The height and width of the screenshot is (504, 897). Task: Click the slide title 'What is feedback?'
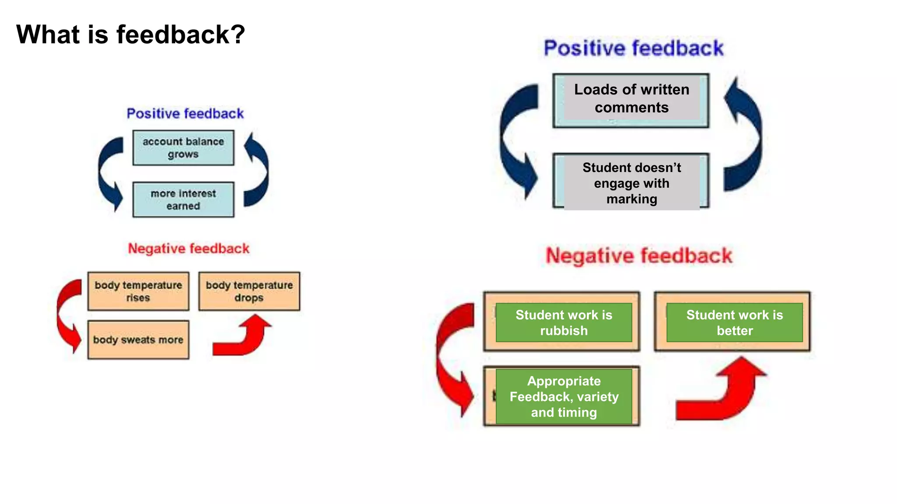click(131, 34)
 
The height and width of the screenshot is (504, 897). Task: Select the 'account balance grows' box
click(183, 148)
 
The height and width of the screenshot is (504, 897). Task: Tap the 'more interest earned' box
click(183, 199)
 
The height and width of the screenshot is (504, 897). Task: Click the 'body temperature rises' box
click(138, 291)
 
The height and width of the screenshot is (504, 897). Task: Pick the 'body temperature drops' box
click(249, 291)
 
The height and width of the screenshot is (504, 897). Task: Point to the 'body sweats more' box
click(138, 340)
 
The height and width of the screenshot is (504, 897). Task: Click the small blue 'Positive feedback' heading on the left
click(185, 114)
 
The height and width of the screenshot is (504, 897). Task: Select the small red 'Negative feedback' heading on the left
click(188, 248)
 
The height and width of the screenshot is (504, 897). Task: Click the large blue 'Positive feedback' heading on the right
click(633, 48)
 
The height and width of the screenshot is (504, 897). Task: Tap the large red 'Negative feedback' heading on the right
click(639, 255)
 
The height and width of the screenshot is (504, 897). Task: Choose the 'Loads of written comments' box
click(631, 99)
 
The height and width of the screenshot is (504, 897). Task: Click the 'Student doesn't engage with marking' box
click(631, 183)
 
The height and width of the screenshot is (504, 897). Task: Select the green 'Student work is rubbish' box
click(564, 322)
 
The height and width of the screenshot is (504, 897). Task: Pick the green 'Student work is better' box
click(734, 322)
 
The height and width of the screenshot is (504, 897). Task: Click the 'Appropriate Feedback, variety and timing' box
click(564, 396)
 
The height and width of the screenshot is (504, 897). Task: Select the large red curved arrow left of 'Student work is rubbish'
click(453, 359)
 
